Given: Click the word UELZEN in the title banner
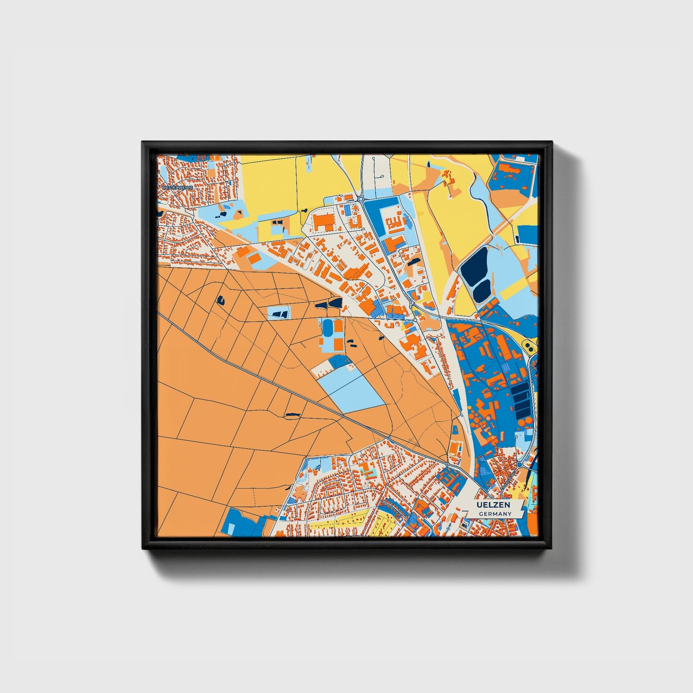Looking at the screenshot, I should point(493,505).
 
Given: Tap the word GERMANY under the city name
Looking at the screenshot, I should point(495,514).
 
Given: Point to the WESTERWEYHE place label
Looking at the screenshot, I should point(177,188).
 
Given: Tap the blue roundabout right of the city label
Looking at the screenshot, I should point(519,464).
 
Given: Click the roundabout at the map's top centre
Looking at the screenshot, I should point(360,199).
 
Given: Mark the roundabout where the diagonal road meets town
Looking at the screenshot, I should point(447,464).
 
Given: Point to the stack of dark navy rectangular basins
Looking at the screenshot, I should point(520,400).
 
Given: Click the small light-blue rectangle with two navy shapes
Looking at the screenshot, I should point(279,313).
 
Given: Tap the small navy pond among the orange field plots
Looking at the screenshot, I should point(221,300).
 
